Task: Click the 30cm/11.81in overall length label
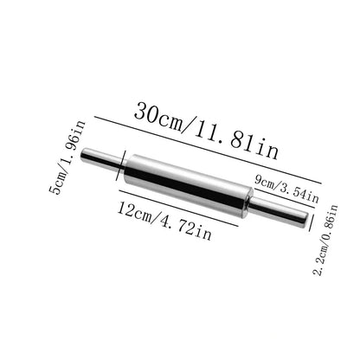(x=206, y=131)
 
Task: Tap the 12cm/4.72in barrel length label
(x=164, y=221)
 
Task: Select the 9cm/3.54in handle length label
(x=286, y=190)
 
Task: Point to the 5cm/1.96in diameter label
(x=67, y=157)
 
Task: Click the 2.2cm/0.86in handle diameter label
(x=325, y=240)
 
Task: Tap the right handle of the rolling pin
(x=279, y=212)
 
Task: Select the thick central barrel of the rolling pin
(x=188, y=186)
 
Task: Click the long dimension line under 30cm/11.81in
(x=208, y=150)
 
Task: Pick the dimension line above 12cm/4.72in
(x=178, y=208)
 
